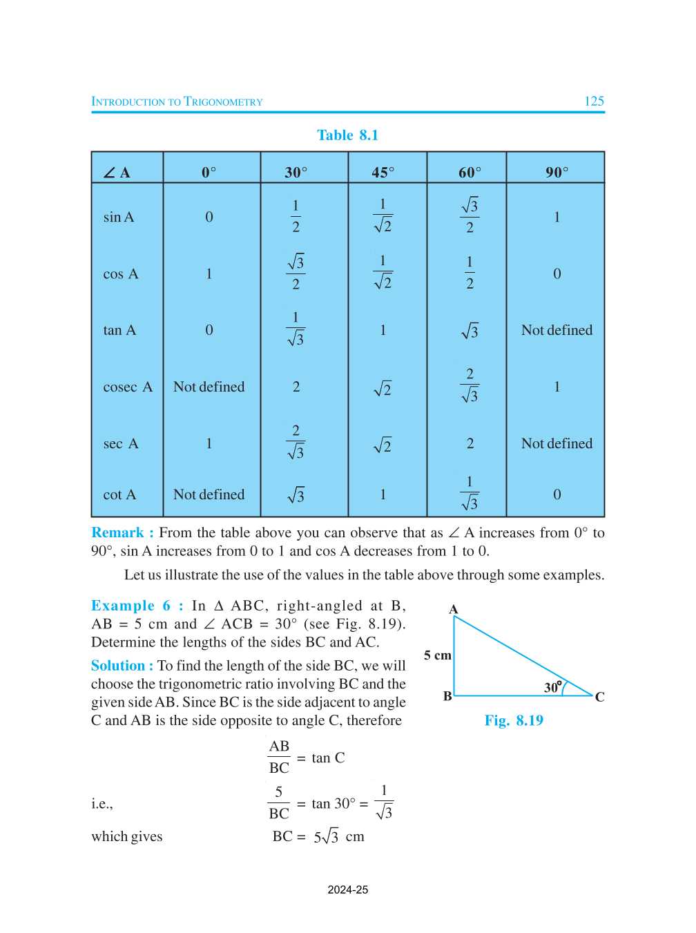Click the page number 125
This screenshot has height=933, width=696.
click(594, 102)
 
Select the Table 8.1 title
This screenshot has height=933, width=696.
click(347, 135)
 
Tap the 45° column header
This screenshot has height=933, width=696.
click(383, 172)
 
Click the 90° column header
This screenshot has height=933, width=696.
click(557, 172)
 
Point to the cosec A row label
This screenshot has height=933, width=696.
click(128, 387)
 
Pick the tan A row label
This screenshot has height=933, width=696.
click(119, 331)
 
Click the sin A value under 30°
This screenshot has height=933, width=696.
click(296, 216)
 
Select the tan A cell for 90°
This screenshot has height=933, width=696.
click(557, 331)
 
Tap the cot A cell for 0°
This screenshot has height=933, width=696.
click(209, 495)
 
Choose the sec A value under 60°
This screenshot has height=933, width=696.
click(470, 444)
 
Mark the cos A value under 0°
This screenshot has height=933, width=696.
click(209, 274)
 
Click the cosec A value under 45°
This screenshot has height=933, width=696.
click(383, 389)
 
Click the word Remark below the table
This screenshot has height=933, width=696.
click(118, 533)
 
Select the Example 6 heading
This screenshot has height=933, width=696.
click(137, 606)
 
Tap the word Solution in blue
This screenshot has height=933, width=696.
click(118, 666)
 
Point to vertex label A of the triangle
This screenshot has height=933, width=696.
click(453, 609)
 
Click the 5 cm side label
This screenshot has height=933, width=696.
click(437, 655)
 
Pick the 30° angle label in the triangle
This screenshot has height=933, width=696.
click(552, 687)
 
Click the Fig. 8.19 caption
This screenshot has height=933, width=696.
click(514, 721)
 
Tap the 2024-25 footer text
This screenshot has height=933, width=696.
click(347, 890)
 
